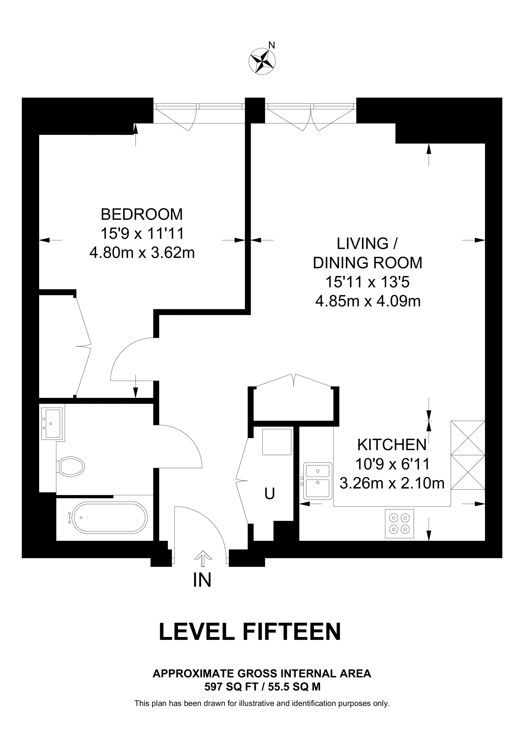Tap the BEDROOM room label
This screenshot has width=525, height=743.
(x=142, y=214)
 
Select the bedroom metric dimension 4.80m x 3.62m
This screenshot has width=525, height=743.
(x=142, y=253)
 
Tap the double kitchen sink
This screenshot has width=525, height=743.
(x=317, y=480)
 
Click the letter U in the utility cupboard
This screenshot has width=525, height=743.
(x=270, y=494)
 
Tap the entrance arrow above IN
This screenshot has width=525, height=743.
(x=203, y=558)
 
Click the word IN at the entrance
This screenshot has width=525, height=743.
(x=202, y=580)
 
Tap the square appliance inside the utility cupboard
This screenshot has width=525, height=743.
(x=277, y=442)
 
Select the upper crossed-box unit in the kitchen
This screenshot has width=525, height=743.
(x=468, y=438)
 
